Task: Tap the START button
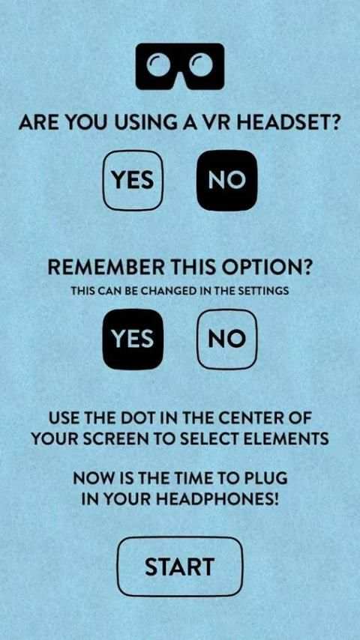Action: [180, 566]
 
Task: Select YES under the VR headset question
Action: [133, 180]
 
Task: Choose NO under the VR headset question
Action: [227, 180]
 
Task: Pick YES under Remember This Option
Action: [133, 339]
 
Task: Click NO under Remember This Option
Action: [227, 339]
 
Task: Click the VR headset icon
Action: [180, 66]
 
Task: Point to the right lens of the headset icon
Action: [202, 64]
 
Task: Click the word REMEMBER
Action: [106, 268]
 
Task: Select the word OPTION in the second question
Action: [268, 268]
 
